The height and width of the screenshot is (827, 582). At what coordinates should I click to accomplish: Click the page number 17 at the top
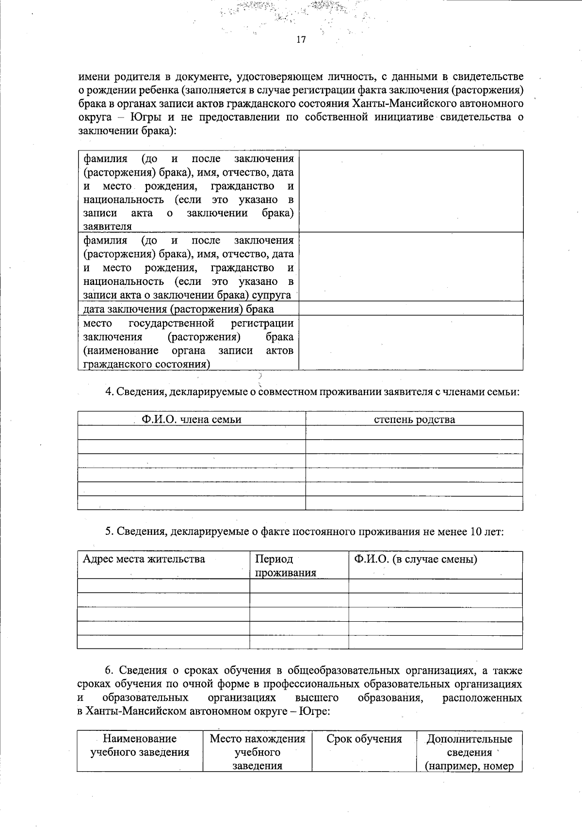point(301,40)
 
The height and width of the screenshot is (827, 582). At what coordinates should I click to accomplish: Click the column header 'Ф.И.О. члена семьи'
point(191,419)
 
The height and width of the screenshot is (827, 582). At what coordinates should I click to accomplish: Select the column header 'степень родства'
point(414,419)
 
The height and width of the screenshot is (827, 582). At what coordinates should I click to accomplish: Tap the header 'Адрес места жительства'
point(144,559)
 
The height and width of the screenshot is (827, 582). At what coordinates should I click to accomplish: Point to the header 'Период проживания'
point(285,566)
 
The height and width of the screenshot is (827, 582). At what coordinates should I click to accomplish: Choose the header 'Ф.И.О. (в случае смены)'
point(415,559)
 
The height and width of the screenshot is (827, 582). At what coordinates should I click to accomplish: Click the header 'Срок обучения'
point(364,739)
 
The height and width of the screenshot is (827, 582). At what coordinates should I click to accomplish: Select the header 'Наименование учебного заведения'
point(140,746)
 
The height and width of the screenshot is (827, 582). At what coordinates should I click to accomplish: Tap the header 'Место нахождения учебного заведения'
point(257,752)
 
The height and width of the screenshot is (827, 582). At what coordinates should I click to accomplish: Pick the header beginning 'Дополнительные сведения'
point(469,752)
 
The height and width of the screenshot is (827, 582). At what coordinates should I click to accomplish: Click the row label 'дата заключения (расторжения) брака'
point(178,309)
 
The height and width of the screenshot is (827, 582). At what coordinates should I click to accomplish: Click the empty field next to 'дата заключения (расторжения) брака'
point(410,309)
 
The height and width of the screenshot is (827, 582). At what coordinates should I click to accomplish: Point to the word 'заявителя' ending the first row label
point(107,227)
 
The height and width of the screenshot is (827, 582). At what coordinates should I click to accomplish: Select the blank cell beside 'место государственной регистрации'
point(410,343)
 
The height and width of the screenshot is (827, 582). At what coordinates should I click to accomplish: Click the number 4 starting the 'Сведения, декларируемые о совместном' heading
point(109,392)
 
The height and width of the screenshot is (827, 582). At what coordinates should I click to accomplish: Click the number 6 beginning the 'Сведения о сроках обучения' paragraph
point(109,671)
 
